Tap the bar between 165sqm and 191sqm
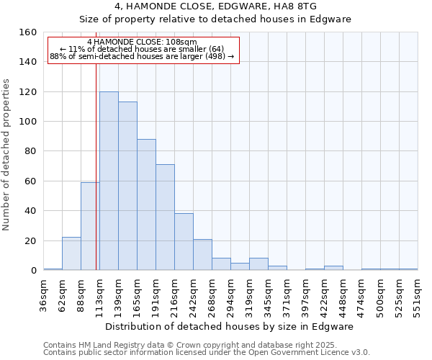click(x=146, y=204)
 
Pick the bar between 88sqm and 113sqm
click(x=90, y=226)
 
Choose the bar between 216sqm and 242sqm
click(x=184, y=242)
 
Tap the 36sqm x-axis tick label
click(x=44, y=294)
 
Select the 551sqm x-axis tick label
click(x=418, y=294)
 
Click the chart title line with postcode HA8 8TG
click(x=215, y=6)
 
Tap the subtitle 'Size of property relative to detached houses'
click(x=215, y=19)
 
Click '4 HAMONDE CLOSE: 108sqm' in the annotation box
click(x=142, y=42)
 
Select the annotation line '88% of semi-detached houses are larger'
click(x=142, y=56)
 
